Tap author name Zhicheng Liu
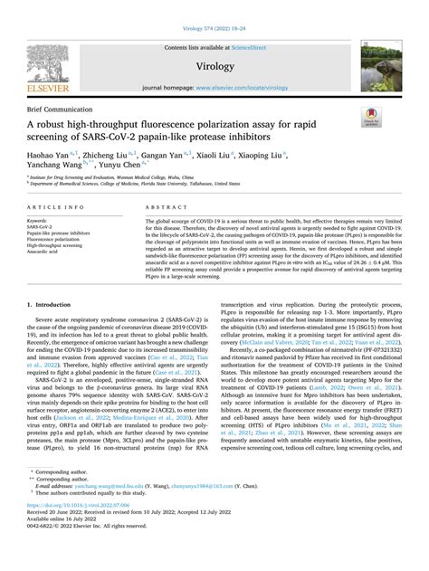(x=117, y=155)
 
